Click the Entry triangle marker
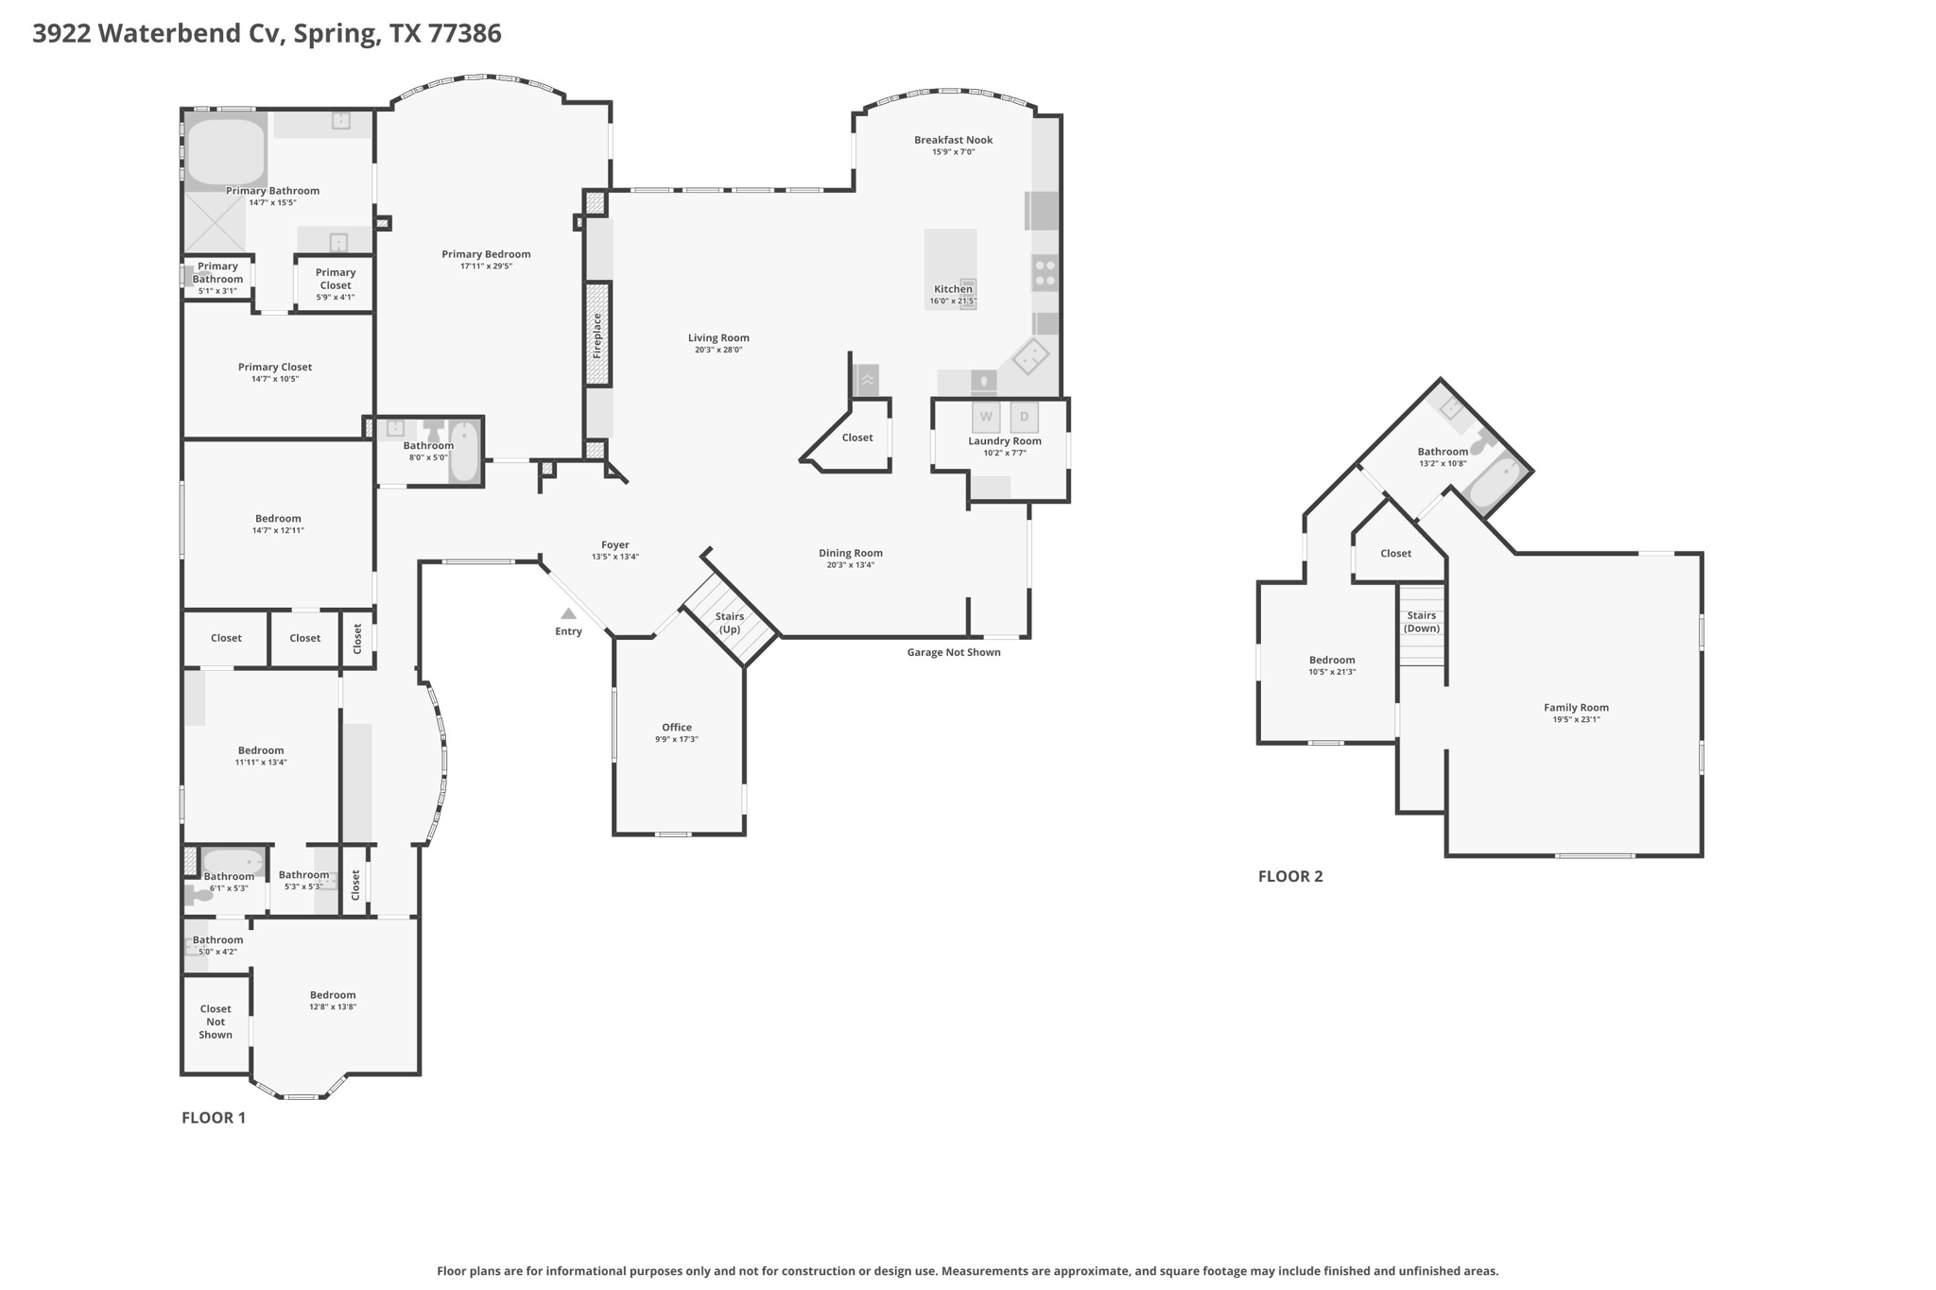pos(568,614)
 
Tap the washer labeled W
pos(986,417)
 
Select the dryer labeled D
pos(1024,417)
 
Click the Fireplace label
pos(597,335)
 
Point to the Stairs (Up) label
pos(730,623)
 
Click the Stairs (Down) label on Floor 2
pos(1421,622)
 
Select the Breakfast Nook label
pos(953,140)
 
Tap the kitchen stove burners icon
pos(1045,273)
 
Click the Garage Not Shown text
pos(953,652)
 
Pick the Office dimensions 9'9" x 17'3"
pos(677,739)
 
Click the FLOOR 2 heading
pos(1290,876)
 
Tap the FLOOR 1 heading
pos(214,1118)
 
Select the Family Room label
pos(1576,707)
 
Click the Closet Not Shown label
pos(216,1022)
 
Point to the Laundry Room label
pos(1004,440)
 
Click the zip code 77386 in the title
pos(464,34)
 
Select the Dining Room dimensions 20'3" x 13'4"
pos(850,565)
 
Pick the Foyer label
pos(614,544)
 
